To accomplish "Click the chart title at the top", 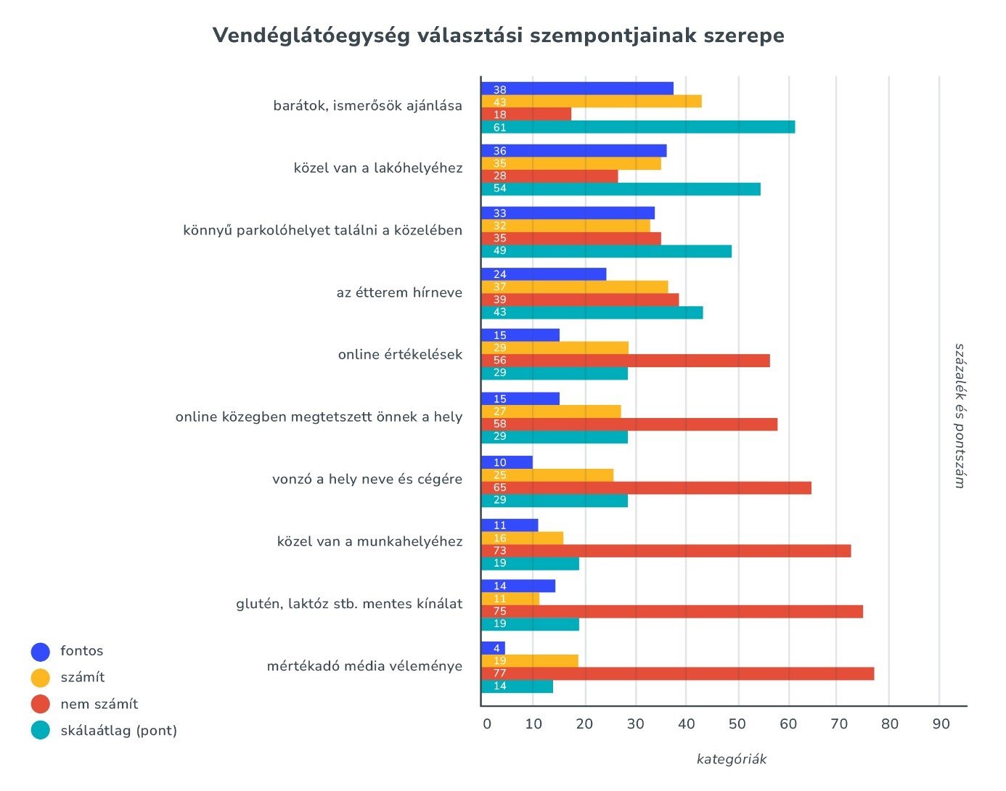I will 498,36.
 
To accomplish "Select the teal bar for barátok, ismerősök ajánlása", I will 638,128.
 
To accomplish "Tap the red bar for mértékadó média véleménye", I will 677,673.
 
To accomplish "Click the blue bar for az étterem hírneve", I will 544,274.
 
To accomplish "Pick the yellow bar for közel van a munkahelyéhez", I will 522,538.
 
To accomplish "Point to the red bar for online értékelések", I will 625,361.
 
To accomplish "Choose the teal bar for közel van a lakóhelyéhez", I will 621,189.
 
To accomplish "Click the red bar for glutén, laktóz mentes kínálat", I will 672,611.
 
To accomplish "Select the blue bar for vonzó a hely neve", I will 507,462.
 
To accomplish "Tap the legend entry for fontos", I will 81,651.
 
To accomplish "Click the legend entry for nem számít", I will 99,704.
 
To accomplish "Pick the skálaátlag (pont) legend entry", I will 118,730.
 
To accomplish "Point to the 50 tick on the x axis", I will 737,724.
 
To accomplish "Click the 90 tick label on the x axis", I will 941,724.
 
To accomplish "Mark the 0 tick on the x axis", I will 486,724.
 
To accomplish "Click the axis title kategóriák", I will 731,759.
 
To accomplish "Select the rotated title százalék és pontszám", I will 960,416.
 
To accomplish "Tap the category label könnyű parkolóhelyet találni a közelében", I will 322,231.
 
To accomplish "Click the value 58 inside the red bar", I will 499,425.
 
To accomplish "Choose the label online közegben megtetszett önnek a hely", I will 319,417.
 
